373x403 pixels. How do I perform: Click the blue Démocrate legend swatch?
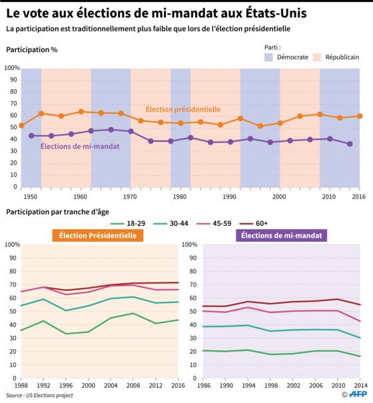point(268,57)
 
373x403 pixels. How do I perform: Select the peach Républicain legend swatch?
point(317,57)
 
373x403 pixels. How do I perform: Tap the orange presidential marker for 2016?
point(360,116)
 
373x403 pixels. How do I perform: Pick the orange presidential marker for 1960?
point(81,112)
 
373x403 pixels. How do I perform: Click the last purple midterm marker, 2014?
point(350,144)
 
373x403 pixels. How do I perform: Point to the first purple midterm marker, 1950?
point(31,136)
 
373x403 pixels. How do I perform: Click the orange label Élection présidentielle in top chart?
point(183,109)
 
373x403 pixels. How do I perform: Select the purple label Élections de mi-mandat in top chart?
point(80,147)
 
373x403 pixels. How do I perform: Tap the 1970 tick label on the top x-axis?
point(130,197)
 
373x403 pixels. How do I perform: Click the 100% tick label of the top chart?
point(12,68)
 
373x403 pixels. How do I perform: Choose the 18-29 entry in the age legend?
point(128,223)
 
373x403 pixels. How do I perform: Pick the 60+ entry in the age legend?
point(254,223)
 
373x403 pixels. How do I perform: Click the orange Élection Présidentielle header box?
point(98,235)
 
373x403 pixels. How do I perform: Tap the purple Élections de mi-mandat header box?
point(282,235)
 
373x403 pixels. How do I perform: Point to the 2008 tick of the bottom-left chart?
point(133,385)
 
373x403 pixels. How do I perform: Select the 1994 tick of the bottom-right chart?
point(248,385)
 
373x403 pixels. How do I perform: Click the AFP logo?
point(358,394)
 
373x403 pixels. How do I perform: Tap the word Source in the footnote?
point(15,395)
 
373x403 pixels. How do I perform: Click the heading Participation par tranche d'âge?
point(57,212)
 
